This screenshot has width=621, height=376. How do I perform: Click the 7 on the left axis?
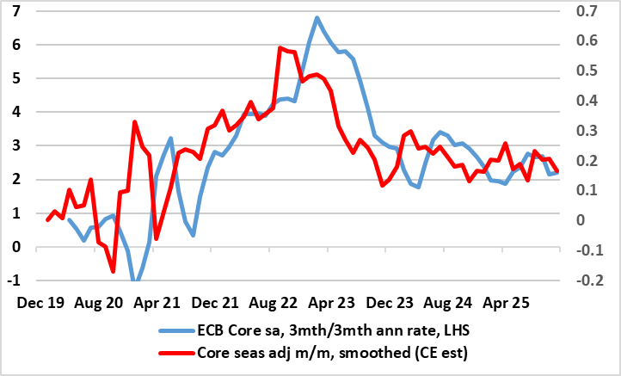(x=17, y=11)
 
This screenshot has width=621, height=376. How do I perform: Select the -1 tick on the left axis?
(x=15, y=281)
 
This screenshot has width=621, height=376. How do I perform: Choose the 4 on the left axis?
(x=17, y=112)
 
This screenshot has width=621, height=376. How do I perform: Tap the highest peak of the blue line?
(x=317, y=17)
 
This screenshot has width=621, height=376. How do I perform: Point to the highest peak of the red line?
(x=280, y=48)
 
